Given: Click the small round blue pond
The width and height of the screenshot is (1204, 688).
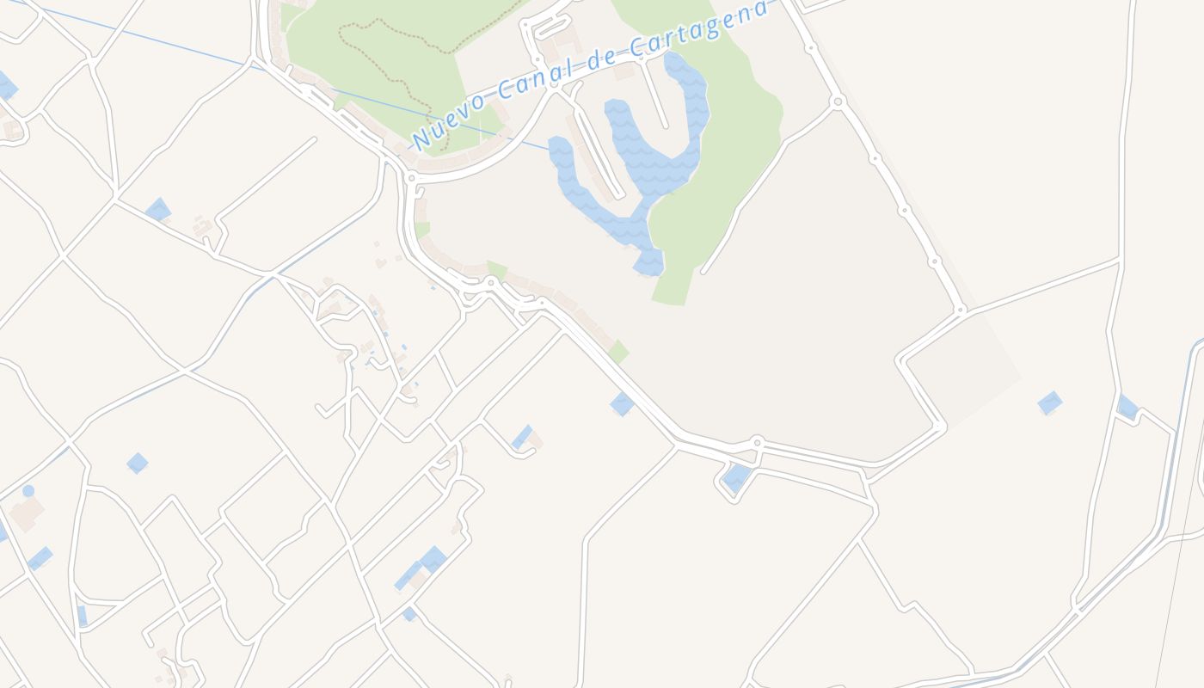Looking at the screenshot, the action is pos(28,490).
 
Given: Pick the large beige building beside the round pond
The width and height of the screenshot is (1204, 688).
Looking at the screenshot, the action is pos(27,513).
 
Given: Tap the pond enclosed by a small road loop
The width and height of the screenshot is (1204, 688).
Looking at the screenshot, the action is pos(736,477).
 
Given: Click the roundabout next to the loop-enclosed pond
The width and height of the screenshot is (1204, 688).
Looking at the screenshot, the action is pos(757,443).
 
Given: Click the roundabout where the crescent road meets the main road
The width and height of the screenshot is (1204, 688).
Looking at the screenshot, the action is pos(412,178).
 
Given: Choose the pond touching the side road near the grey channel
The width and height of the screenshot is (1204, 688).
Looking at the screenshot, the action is pos(1127,406).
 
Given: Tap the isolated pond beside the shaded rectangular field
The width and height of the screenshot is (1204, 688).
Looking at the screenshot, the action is pos(1049,402).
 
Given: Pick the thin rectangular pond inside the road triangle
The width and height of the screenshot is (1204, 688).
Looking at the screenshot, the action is pos(83,616).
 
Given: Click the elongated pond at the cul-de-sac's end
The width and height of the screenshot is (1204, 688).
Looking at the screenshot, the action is pos(522,437).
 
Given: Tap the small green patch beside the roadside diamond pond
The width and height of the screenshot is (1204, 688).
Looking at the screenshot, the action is pos(618,351).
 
